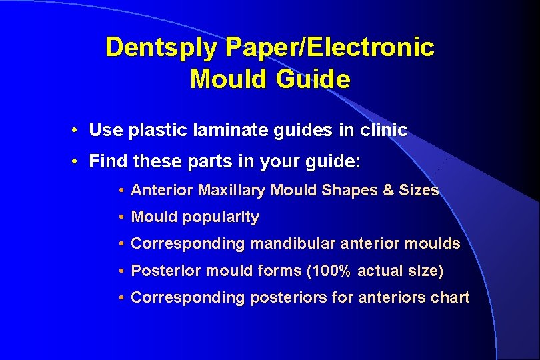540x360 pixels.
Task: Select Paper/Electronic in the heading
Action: (330, 47)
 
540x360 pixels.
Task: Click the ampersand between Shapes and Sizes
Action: (389, 190)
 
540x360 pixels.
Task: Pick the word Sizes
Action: (419, 190)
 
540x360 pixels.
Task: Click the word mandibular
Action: (291, 243)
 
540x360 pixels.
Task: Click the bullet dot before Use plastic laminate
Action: (78, 130)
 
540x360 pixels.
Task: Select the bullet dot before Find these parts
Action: (78, 161)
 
